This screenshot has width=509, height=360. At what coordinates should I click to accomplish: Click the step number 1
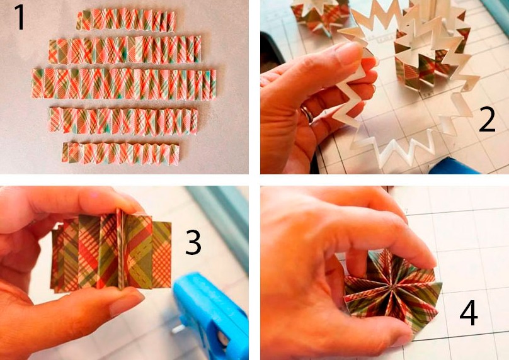[x=19, y=17]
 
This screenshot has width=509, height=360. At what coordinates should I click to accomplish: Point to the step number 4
[x=469, y=313]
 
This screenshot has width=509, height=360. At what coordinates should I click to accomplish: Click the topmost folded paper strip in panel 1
[x=126, y=20]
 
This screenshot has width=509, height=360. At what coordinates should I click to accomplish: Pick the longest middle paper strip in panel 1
[x=123, y=84]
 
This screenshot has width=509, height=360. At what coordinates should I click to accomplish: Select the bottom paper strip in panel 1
[x=120, y=154]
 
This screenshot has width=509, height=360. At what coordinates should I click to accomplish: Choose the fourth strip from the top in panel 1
[x=123, y=121]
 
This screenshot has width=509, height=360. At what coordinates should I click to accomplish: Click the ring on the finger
[x=307, y=114]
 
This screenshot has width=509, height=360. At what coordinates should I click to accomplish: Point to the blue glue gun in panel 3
[x=211, y=315]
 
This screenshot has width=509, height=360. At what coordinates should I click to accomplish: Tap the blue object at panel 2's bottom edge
[x=454, y=166]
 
